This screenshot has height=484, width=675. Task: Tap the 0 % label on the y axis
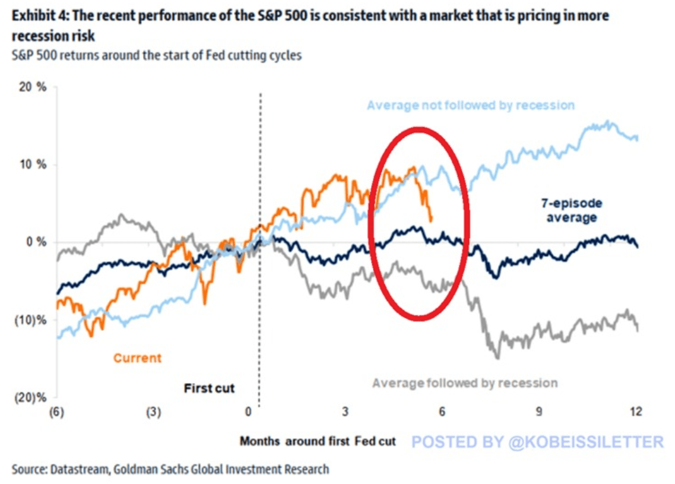[x=36, y=242]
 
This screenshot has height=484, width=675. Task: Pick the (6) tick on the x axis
[x=57, y=412]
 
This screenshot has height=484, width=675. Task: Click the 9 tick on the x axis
[x=540, y=412]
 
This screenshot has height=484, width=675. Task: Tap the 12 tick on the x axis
[x=636, y=412]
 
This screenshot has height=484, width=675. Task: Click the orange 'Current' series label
[x=137, y=358]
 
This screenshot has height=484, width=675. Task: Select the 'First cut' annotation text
[x=209, y=388]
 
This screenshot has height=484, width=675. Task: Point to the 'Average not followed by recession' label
[x=471, y=105]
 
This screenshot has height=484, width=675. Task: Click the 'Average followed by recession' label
[x=465, y=383]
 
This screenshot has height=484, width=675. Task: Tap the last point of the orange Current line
[x=430, y=220]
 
